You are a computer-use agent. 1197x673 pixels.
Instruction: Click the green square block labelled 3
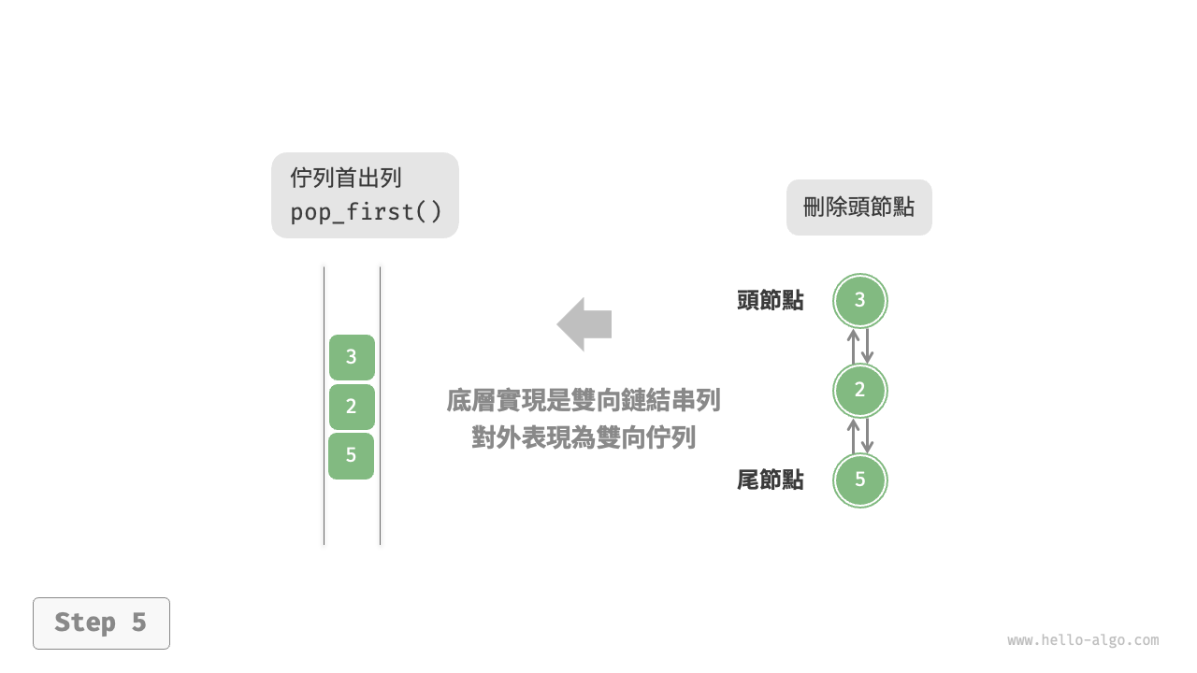(x=352, y=357)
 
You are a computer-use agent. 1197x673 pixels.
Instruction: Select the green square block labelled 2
(x=352, y=407)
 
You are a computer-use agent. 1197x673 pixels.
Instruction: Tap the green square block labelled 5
(x=352, y=456)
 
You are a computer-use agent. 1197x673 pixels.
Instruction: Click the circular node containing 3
(x=860, y=300)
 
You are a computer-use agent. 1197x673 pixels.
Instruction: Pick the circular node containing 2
(x=860, y=391)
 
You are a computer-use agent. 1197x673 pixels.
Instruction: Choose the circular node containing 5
(x=860, y=480)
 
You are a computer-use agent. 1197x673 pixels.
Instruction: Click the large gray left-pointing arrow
(x=584, y=324)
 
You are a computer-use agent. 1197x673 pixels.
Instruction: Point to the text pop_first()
(x=366, y=212)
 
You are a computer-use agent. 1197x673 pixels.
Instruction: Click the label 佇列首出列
(x=346, y=178)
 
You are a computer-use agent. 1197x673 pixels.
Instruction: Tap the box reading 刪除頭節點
(x=858, y=208)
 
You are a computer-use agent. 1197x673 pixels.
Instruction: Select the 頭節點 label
(x=771, y=301)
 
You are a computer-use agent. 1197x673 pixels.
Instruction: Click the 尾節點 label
(x=771, y=480)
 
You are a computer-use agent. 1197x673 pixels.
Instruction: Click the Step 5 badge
(x=101, y=623)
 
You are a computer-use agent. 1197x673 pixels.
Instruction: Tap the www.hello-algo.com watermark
(x=1083, y=640)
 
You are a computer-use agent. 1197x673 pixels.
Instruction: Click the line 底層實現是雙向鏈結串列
(x=584, y=401)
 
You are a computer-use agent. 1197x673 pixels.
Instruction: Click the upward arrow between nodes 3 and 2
(x=853, y=346)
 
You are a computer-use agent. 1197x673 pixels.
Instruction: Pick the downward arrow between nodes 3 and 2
(x=868, y=346)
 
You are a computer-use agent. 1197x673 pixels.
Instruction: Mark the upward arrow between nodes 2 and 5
(x=853, y=436)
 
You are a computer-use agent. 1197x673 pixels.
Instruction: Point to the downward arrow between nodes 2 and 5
(x=868, y=436)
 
